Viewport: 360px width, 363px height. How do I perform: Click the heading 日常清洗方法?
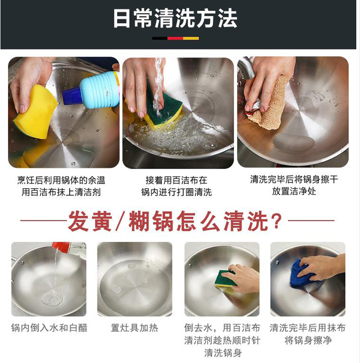click(x=175, y=18)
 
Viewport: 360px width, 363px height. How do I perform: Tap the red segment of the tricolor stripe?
click(x=175, y=38)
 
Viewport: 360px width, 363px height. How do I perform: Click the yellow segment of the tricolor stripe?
click(x=191, y=38)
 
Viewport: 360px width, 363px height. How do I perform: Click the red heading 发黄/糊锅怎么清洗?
click(x=175, y=220)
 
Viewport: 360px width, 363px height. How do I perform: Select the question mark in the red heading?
click(x=276, y=221)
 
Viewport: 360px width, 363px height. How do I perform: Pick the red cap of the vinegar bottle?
click(x=60, y=247)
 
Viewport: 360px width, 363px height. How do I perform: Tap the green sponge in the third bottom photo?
click(x=225, y=278)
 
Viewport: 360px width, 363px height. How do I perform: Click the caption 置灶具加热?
click(x=134, y=328)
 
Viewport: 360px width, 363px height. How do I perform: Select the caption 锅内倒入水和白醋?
click(x=49, y=328)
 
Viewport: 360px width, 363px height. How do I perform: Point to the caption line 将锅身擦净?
click(x=308, y=340)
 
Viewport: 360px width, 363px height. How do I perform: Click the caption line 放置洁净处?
click(x=294, y=192)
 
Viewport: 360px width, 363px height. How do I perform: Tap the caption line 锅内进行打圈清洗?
click(x=177, y=192)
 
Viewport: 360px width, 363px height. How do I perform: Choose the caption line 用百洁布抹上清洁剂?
click(x=61, y=192)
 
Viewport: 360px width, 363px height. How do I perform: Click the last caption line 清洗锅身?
click(x=223, y=353)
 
